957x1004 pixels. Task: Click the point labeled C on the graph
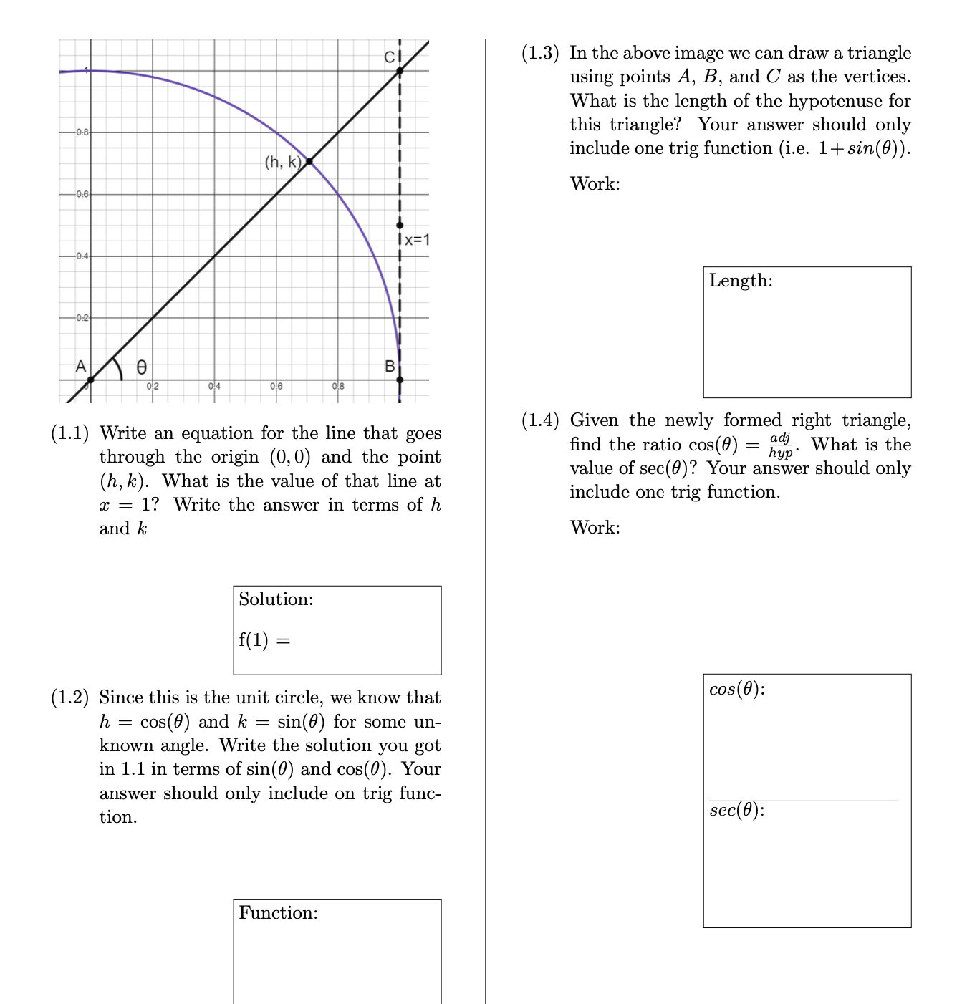tap(400, 70)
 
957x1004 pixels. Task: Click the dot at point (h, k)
tap(309, 161)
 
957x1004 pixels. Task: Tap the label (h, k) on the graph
tap(283, 162)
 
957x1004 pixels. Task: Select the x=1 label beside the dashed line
tap(416, 240)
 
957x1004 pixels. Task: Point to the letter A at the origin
tap(81, 366)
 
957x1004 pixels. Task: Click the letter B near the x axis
tap(390, 366)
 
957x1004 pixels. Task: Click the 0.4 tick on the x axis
tap(213, 387)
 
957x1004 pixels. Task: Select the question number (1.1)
tap(70, 433)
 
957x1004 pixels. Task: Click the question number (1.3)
tap(540, 53)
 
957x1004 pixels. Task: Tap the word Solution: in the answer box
tap(276, 599)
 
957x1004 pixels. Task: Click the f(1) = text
tap(264, 639)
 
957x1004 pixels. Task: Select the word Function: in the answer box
tap(278, 913)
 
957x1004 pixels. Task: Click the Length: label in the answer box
tap(741, 281)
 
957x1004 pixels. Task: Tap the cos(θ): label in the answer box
tap(736, 689)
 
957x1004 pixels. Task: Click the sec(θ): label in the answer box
tap(736, 811)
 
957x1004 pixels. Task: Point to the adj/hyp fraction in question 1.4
tap(782, 445)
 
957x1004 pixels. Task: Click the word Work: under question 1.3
tap(595, 184)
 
